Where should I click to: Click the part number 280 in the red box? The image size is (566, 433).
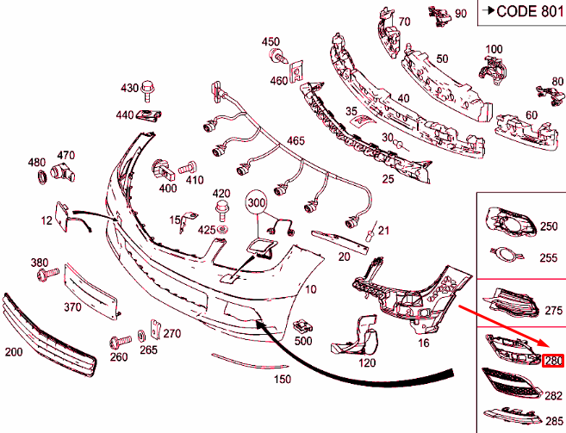pos(552,361)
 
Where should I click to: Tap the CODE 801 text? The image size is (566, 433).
pos(529,11)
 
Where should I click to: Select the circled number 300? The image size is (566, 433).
pos(256,202)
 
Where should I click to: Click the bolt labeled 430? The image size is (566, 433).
pos(147,90)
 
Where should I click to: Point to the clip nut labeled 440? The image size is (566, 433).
pos(148,115)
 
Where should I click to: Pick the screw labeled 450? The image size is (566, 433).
pos(278,58)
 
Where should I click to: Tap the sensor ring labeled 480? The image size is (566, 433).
pos(42,176)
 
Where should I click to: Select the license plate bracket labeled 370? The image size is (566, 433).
pos(90,292)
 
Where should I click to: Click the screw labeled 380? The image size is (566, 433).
pos(47,274)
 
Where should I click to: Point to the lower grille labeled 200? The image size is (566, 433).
pos(49,336)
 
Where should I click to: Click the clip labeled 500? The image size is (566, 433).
pos(302,326)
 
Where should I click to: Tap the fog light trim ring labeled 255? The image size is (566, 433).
pos(507,255)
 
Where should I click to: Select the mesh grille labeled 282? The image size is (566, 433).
pos(512,384)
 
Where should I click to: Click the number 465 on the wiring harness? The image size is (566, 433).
pos(295,140)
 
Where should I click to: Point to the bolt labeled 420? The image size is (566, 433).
pos(221,211)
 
